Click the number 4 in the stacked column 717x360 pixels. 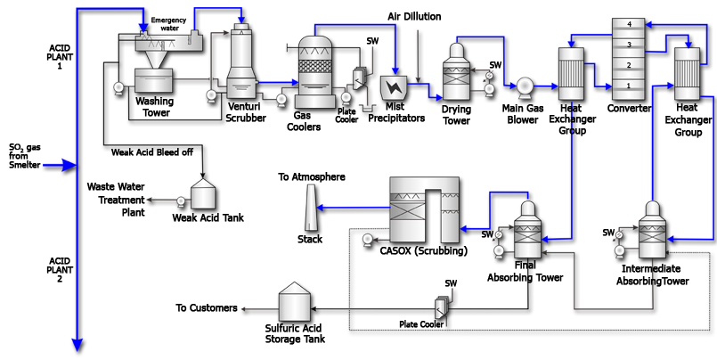coord(629,24)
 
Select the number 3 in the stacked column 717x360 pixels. coord(629,45)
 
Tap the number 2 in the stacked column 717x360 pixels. coord(629,65)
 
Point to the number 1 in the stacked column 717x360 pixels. coord(629,86)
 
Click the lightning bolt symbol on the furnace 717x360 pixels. coord(393,86)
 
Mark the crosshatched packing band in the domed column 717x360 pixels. coord(314,66)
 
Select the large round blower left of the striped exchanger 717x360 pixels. coord(524,86)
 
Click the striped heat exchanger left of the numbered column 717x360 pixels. coord(570,73)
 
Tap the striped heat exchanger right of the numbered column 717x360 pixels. coord(687,73)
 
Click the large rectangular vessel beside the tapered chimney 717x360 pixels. coord(425,209)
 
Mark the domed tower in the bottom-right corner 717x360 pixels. coord(652,230)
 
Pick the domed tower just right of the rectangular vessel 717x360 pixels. coord(527,229)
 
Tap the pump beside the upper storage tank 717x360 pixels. coord(181,202)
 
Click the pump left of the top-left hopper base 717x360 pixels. coord(118,86)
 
